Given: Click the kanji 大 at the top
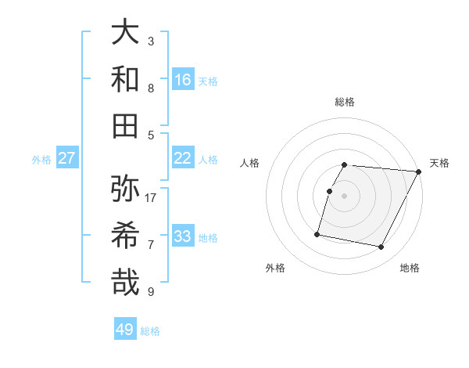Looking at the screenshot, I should pos(126,31).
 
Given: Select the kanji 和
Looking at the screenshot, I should pos(126,78).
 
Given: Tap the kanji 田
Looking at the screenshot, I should pos(126,125).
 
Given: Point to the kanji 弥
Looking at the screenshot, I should pos(126,188).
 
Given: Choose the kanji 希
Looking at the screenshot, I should pos(126,235).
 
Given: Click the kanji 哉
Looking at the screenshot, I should pos(126,282).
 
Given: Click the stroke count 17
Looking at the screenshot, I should pos(152,197).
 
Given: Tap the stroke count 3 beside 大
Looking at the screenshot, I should pos(151,41).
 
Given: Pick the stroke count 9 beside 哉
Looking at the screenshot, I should pos(151,292).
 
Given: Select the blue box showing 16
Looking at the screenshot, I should pos(183,80).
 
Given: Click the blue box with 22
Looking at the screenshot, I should pos(183,158).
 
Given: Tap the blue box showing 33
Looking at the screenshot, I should pos(183,236).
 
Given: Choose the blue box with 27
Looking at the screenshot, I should pos(67,158).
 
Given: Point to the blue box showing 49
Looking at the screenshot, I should pos(125,330).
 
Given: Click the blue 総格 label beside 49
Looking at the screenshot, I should pos(150,331).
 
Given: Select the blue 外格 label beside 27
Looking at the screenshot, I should pos(41,160).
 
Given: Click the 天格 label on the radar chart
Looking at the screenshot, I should pos(439,163).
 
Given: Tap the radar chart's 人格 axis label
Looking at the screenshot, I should pos(250,163).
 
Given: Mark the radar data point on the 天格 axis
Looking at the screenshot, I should pos(419,171).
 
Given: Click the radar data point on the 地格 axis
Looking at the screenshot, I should pos(381,247).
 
